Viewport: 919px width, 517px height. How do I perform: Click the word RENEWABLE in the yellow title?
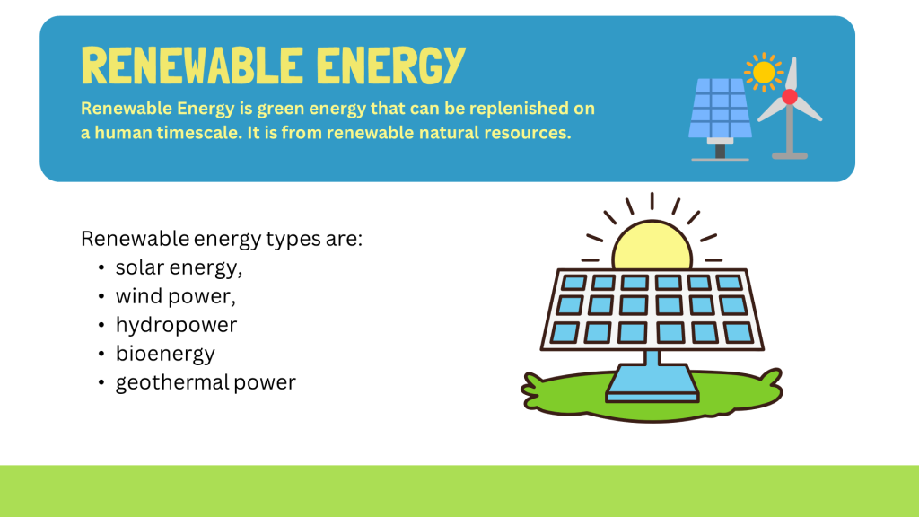192,65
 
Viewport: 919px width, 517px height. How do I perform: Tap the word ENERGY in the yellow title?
391,65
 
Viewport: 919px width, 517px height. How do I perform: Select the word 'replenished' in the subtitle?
516,109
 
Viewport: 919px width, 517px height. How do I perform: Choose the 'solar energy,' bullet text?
179,268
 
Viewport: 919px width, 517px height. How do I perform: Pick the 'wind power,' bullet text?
175,296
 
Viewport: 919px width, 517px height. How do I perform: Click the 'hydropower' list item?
176,325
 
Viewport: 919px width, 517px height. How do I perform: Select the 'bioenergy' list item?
165,354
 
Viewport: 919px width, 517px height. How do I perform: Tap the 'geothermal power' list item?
206,382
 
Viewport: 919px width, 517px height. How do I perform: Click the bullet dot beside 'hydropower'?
101,325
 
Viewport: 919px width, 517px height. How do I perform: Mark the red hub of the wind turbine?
790,97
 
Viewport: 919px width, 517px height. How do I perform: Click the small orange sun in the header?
764,73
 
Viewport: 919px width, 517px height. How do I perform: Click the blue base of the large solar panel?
652,384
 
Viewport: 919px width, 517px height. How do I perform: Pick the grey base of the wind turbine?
790,156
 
